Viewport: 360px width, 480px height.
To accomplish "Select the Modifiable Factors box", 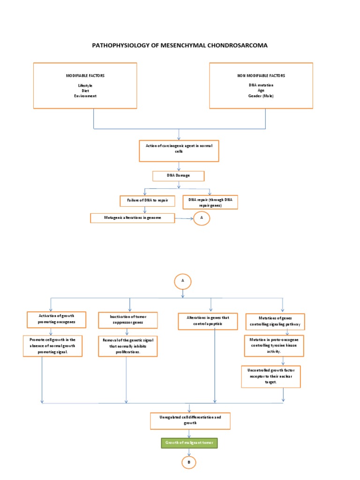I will click(85, 85).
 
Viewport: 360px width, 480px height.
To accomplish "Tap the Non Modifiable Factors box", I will click(261, 85).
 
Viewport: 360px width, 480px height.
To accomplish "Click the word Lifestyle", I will click(85, 85).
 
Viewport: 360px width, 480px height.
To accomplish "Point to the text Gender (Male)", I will click(261, 96).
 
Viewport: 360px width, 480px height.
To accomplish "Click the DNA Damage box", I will click(178, 176).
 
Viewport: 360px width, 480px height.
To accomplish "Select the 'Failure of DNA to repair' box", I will click(147, 201).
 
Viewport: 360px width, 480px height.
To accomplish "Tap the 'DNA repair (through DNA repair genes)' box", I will click(210, 202).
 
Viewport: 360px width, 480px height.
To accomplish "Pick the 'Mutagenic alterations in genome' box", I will click(133, 218).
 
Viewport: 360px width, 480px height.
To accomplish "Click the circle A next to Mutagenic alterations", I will click(202, 218).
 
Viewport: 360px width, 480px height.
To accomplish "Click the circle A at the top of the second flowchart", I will click(182, 281).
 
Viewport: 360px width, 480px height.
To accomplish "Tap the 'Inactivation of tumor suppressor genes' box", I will click(127, 320).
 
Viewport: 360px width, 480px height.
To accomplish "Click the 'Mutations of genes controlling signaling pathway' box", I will click(275, 321).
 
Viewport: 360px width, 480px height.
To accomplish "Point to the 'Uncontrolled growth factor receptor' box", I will click(271, 376).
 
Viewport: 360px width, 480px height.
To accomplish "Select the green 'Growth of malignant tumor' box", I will click(189, 442).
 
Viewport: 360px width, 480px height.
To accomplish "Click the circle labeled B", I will click(189, 463).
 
